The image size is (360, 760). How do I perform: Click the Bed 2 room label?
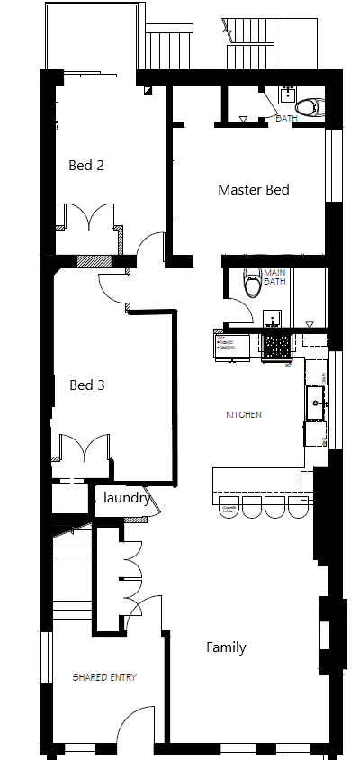point(87,166)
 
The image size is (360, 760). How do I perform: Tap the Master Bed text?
point(254,190)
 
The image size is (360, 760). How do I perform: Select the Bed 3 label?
point(87,385)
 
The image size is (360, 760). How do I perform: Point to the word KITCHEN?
point(244,415)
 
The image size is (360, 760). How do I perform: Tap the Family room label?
point(226,647)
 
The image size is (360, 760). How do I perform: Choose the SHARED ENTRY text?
point(105,677)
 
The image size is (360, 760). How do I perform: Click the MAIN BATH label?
point(274,277)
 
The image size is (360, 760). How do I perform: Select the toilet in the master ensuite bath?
point(308,108)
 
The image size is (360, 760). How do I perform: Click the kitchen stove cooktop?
point(277,343)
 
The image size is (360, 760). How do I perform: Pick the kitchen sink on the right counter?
point(316,397)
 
